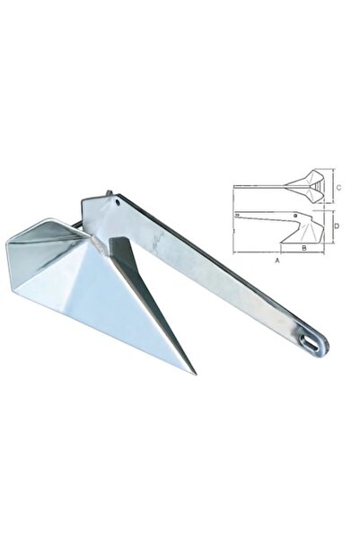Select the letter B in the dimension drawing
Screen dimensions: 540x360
[304, 244]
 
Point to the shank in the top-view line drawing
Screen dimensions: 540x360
[260, 187]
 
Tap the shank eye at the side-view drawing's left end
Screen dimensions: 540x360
[237, 216]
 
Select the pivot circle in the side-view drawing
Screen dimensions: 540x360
[295, 217]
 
